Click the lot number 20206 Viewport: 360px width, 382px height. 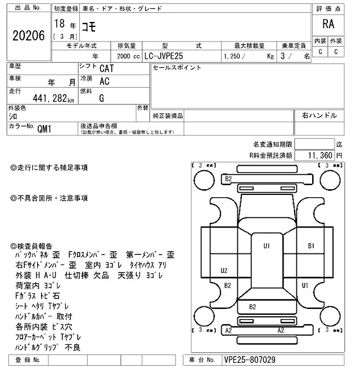(28, 35)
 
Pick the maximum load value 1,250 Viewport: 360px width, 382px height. (234, 56)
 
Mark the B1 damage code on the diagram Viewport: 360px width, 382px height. (311, 246)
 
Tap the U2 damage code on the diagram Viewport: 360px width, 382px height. (224, 270)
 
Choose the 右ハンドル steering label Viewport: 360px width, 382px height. (319, 116)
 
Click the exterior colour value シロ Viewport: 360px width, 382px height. (13, 116)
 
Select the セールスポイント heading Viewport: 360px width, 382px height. (177, 68)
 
